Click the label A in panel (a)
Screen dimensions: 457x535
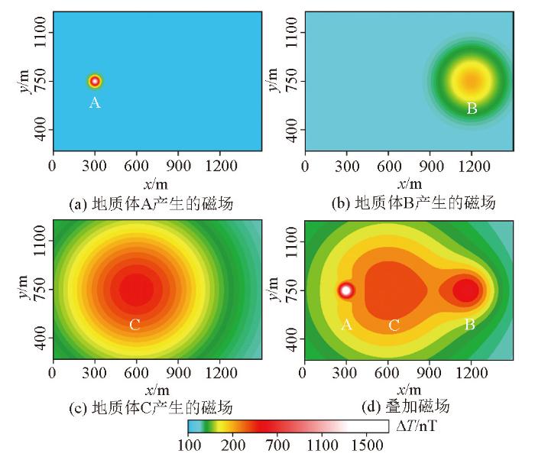pos(95,103)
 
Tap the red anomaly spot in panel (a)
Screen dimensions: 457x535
pos(95,81)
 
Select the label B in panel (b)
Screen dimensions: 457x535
pos(472,109)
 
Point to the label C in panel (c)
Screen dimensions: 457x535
pos(135,325)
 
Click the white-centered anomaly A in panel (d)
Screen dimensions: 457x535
pos(346,290)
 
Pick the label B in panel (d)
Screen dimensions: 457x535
pos(470,325)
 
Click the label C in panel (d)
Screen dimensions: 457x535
pos(394,325)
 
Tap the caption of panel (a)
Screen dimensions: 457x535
pos(151,203)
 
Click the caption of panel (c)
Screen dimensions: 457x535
pos(151,407)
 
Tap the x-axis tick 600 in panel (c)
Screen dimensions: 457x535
pos(136,374)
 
